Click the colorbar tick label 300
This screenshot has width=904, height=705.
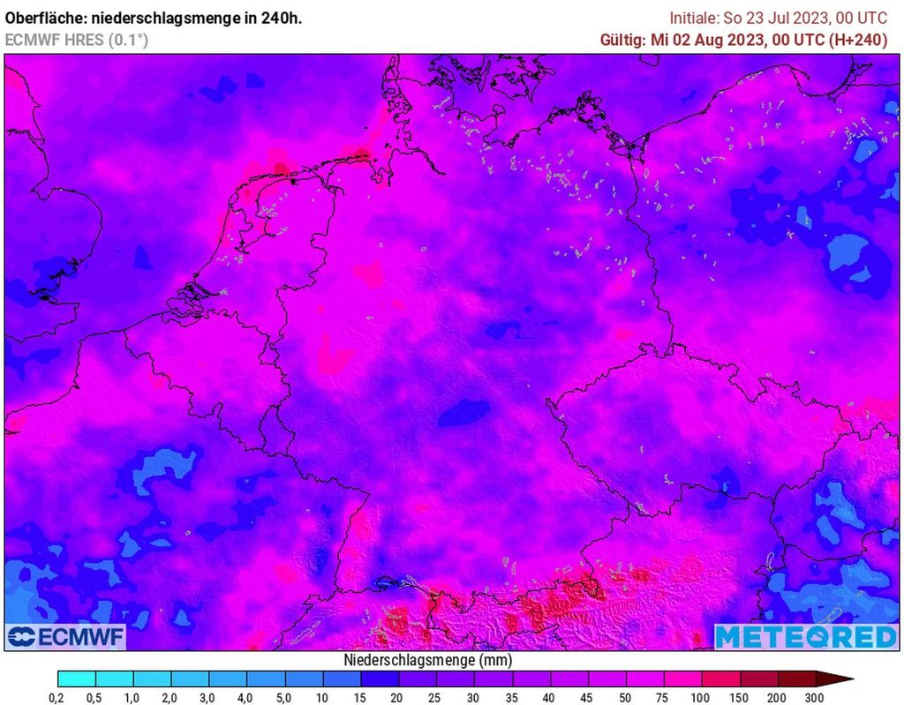tap(814, 698)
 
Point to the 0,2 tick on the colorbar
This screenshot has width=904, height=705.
tap(56, 698)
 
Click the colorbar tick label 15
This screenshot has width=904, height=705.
tap(360, 698)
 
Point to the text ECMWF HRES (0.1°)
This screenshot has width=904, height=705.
tap(77, 40)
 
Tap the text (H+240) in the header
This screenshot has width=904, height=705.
tap(860, 40)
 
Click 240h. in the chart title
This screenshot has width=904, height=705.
tap(280, 18)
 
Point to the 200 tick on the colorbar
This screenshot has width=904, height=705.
tap(777, 698)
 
